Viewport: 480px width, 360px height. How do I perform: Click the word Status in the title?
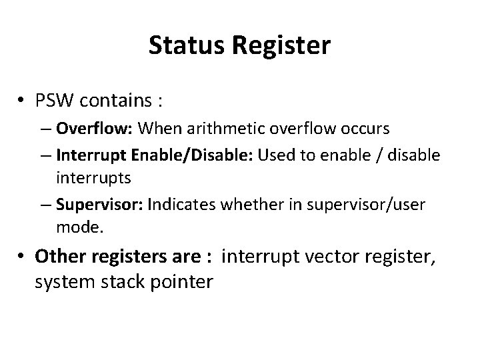pos(179,46)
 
